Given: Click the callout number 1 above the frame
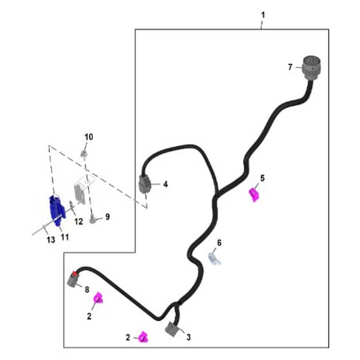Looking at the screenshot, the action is coord(263,15).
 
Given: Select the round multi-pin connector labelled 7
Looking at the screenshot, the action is coord(311,67).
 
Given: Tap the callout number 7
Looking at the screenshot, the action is coord(290,67).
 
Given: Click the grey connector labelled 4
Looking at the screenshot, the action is coord(145,183).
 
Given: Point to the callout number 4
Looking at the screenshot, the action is coord(165,184).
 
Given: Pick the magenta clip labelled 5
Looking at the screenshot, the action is coord(254,194).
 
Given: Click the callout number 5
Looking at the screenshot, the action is coord(262,178).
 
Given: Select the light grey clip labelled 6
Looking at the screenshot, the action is coord(214,258).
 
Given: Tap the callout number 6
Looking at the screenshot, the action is coord(219,243).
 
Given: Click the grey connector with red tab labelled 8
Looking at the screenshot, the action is coord(73,279).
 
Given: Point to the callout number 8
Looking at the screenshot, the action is coord(87,289).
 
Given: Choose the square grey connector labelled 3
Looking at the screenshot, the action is coord(172,329).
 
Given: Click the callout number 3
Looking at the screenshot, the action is coord(188,337).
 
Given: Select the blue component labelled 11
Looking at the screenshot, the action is coord(57,210).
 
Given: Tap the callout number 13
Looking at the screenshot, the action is coord(51,240).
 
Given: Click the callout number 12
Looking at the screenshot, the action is coord(78,221).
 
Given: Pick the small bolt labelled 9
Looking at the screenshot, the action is coord(93,218).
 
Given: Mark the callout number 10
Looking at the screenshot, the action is coord(89,137).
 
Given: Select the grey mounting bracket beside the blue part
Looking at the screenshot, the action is coord(80,190).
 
